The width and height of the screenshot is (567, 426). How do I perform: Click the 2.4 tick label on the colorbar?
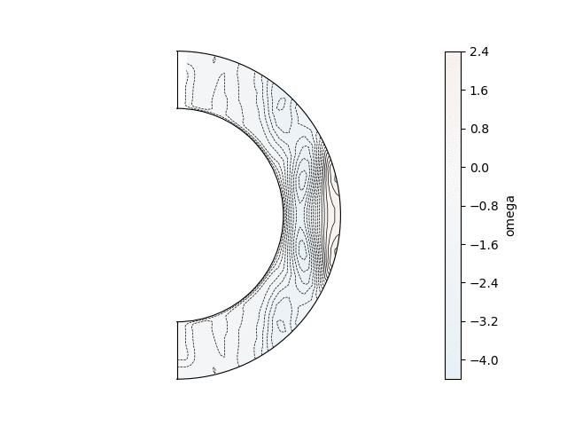pyautogui.click(x=479, y=51)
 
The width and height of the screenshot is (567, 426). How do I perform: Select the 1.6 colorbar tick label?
pyautogui.click(x=479, y=91)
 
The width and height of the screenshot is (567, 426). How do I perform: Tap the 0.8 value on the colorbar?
pyautogui.click(x=479, y=129)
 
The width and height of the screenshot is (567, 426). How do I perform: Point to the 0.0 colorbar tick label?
pyautogui.click(x=479, y=168)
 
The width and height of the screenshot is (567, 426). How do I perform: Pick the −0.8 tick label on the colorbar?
pyautogui.click(x=485, y=206)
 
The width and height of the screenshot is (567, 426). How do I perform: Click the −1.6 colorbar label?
pyautogui.click(x=485, y=245)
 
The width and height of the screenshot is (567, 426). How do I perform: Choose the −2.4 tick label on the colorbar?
pyautogui.click(x=485, y=283)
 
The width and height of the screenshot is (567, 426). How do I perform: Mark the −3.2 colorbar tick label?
pyautogui.click(x=485, y=321)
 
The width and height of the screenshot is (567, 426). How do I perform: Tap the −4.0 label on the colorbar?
pyautogui.click(x=485, y=360)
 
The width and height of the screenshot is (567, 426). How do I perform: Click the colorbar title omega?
pyautogui.click(x=510, y=216)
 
